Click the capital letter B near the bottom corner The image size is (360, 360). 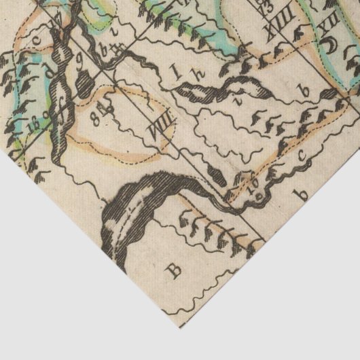pos(177,271)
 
